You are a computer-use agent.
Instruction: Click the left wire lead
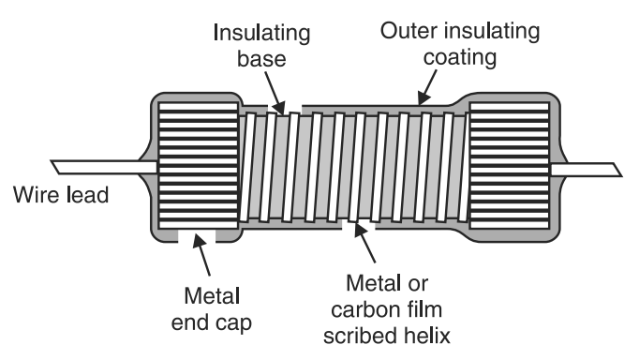104,167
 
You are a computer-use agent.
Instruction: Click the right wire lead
585,169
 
